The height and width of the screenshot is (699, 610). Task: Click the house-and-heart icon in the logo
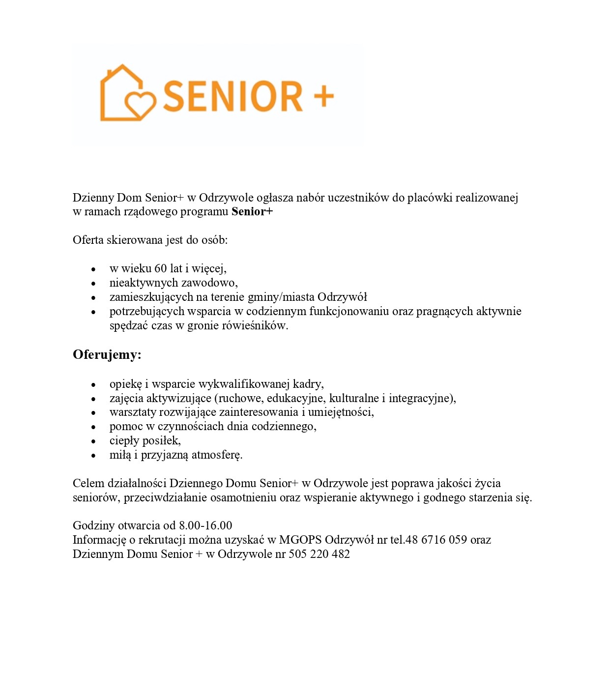coord(127,93)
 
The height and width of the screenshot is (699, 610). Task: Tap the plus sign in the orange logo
coord(323,95)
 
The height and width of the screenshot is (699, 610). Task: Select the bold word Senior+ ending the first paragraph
coord(252,212)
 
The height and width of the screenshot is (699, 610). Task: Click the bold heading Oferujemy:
coord(107,355)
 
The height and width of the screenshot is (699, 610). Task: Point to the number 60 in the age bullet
coord(161,268)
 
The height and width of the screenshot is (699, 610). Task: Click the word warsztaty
coord(133,412)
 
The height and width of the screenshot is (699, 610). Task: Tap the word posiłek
coord(161,440)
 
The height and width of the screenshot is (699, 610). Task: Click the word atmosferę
coord(217,455)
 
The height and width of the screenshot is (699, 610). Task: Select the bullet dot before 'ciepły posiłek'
coord(93,441)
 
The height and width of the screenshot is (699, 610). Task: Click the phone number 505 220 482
coord(319,554)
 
